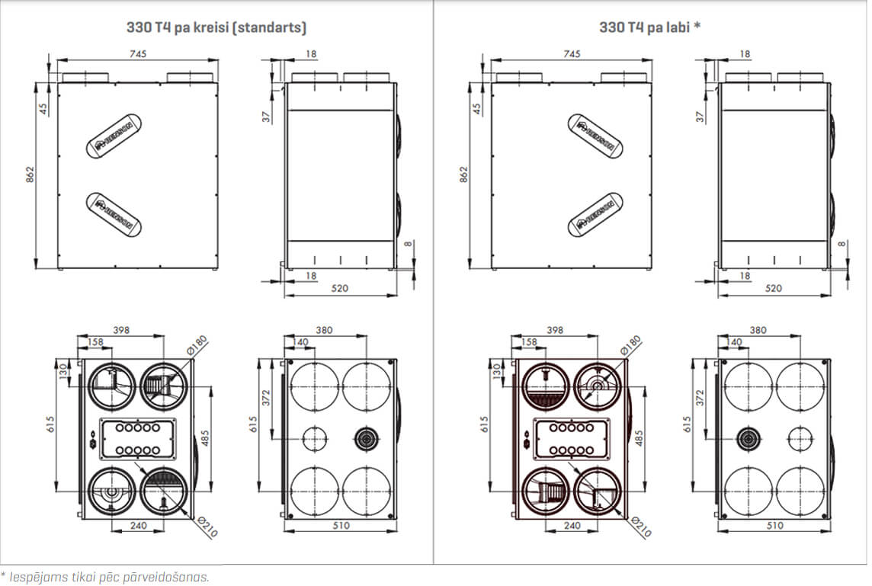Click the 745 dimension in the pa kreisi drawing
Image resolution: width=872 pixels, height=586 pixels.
point(137,53)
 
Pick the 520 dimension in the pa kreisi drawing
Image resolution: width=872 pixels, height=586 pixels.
point(340,288)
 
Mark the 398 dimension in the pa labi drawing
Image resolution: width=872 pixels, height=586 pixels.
point(556,331)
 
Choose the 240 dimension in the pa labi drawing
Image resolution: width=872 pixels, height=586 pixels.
point(572,526)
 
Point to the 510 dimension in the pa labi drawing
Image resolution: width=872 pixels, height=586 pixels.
point(774,526)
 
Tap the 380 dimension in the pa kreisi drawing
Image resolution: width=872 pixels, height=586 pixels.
point(323,331)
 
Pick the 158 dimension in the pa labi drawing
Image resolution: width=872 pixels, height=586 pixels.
point(530,342)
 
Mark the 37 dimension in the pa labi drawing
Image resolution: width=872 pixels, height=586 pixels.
point(700,117)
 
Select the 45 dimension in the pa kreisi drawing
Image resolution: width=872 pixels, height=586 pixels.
point(43,107)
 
